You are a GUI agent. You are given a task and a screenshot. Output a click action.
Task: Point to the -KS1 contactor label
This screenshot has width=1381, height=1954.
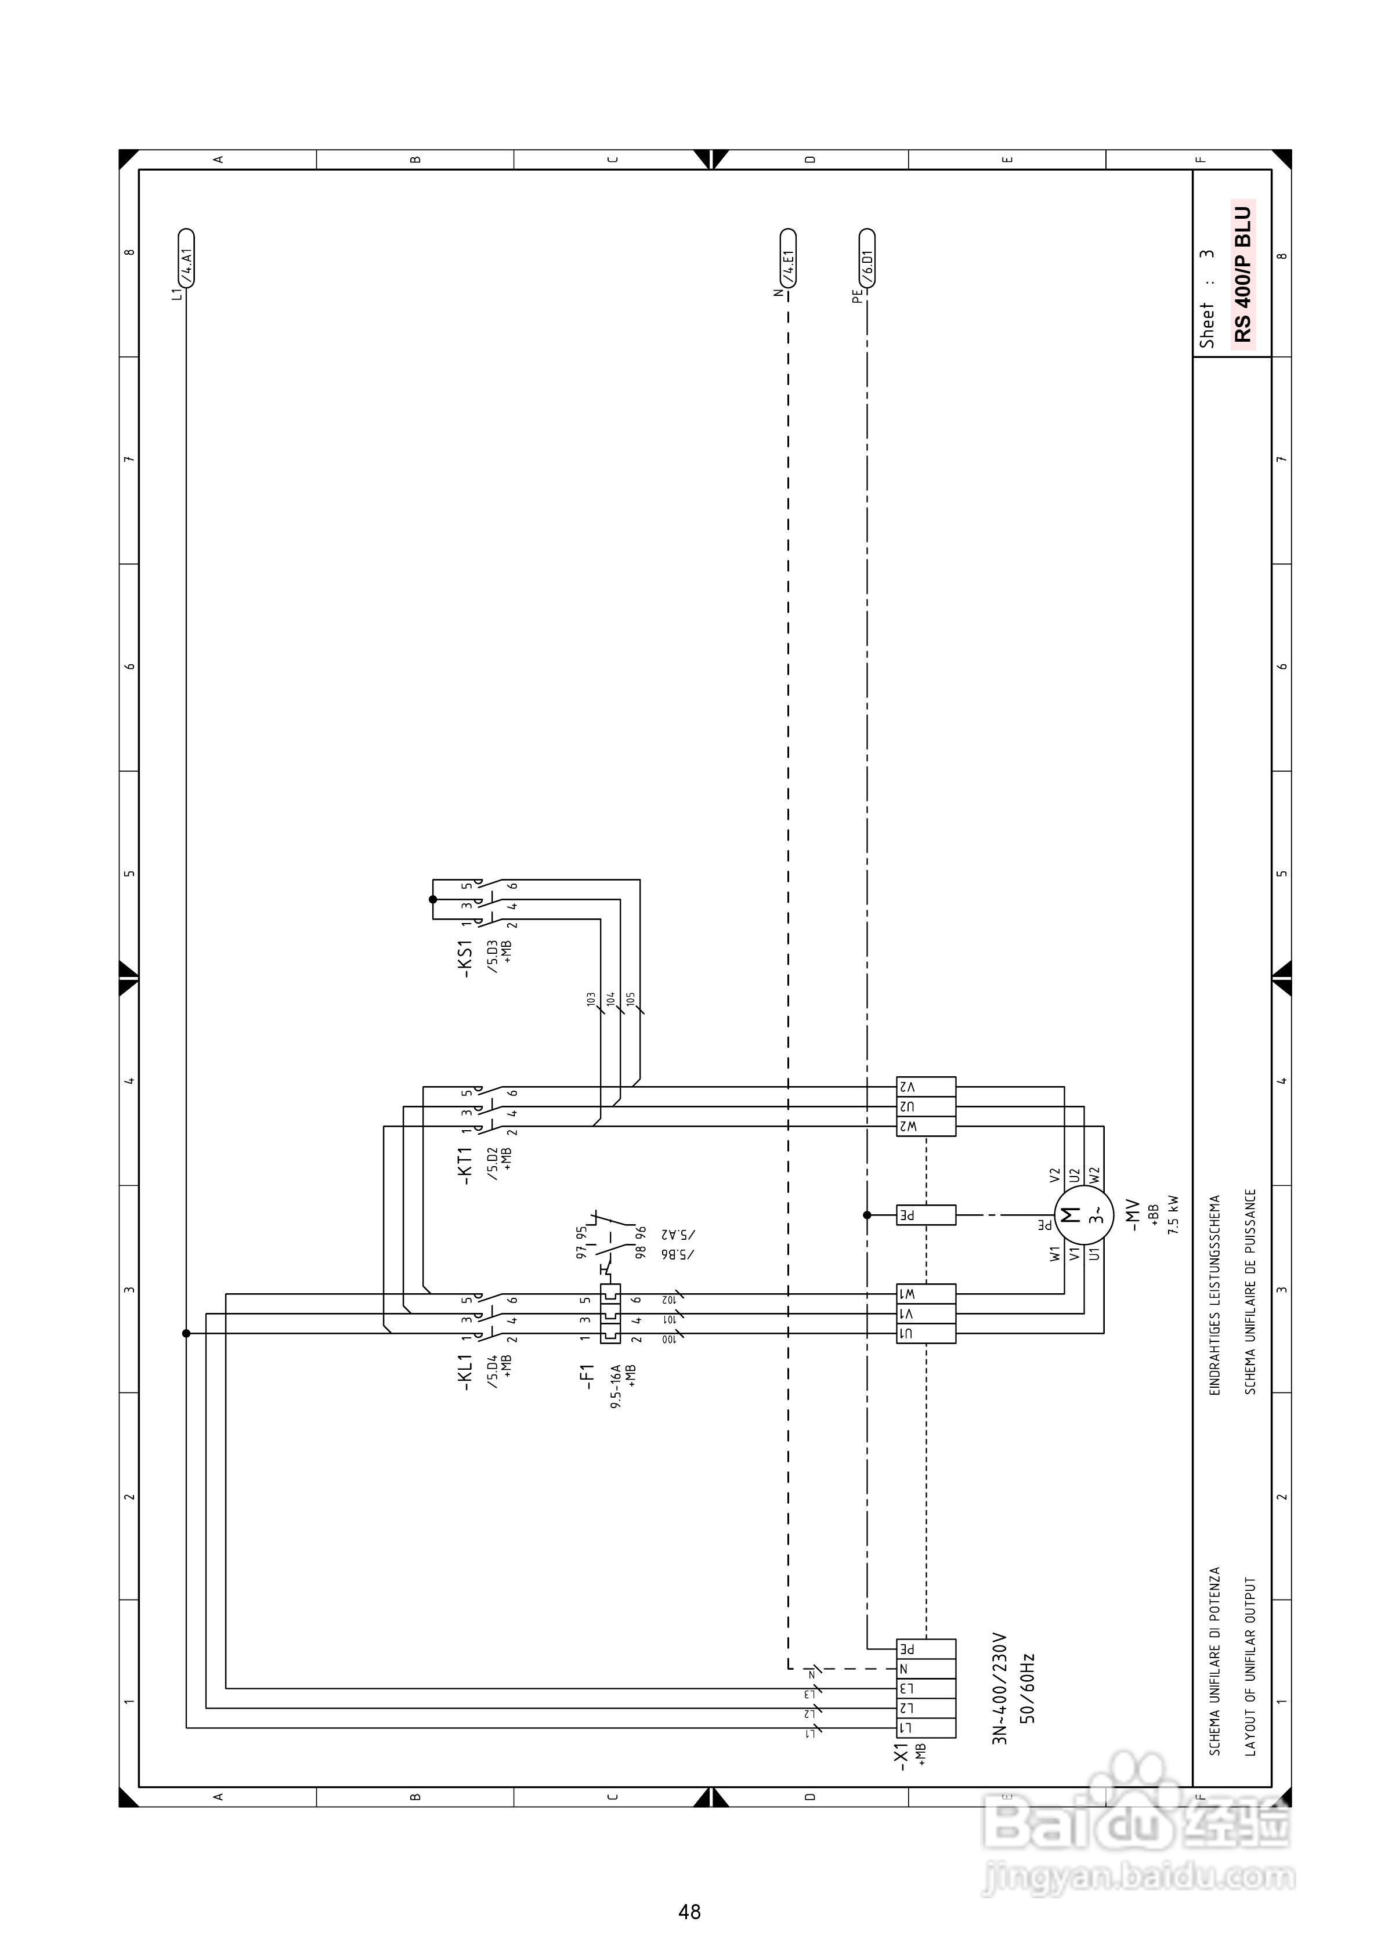click(x=465, y=958)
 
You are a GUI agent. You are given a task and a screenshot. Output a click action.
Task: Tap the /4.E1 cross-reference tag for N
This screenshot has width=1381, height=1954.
click(x=789, y=259)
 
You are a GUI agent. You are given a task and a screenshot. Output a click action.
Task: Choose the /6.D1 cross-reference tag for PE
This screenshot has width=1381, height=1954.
click(x=867, y=259)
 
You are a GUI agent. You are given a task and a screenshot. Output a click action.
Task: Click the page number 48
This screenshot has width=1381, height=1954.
click(x=690, y=1912)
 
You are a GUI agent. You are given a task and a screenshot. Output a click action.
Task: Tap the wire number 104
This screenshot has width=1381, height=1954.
click(x=610, y=999)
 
